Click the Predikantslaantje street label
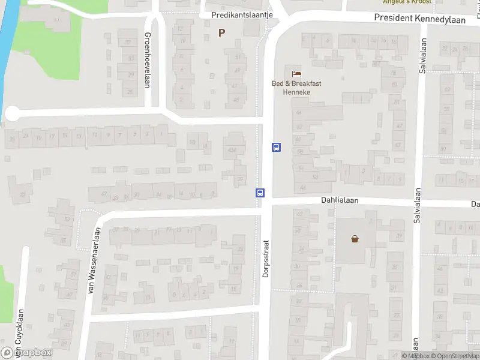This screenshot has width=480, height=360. [x=242, y=15]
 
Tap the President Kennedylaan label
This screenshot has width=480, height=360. [x=419, y=18]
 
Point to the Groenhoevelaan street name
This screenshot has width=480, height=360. [x=148, y=60]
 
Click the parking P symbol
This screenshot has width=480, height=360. [x=223, y=33]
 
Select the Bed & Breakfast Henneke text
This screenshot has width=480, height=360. [x=296, y=87]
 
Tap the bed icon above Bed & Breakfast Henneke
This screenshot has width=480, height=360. [x=296, y=74]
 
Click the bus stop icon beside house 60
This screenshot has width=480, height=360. [x=277, y=146]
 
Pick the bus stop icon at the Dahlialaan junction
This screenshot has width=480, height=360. [x=260, y=193]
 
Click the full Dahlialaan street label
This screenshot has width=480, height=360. [x=339, y=202]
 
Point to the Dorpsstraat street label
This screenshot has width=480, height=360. [x=266, y=257]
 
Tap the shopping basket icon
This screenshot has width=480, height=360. [x=355, y=239]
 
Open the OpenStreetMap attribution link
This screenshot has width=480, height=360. [x=458, y=356]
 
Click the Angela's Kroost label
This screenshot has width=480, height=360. [x=407, y=2]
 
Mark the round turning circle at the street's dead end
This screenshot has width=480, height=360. [x=12, y=113]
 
